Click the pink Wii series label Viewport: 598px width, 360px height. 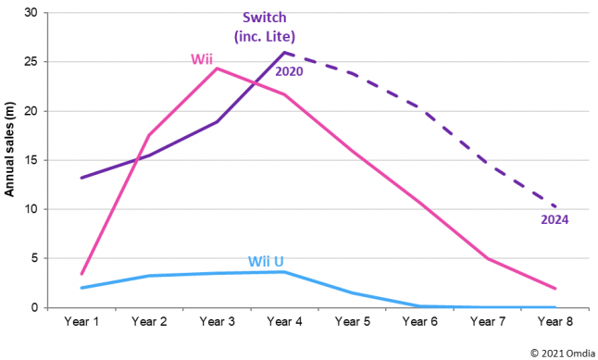click(x=202, y=59)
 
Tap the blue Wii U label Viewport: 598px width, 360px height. click(x=266, y=262)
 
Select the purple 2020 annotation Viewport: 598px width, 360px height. click(x=289, y=71)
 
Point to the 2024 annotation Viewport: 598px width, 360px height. click(x=554, y=219)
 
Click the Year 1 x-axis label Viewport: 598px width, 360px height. click(x=81, y=321)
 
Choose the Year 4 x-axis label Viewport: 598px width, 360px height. click(x=284, y=321)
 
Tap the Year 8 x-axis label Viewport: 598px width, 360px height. click(x=555, y=321)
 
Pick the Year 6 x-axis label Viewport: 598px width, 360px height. click(x=420, y=321)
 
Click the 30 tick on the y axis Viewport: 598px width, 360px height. click(x=31, y=13)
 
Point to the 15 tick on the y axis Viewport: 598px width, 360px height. click(x=31, y=160)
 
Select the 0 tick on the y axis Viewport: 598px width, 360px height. click(x=34, y=307)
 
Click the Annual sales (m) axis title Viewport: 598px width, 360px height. click(x=9, y=149)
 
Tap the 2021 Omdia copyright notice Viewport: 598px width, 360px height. click(x=563, y=354)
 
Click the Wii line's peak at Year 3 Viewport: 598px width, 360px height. click(x=217, y=68)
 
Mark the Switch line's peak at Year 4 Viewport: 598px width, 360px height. click(x=284, y=52)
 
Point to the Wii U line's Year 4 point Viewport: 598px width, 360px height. click(x=284, y=272)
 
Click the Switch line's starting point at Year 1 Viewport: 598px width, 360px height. click(x=81, y=178)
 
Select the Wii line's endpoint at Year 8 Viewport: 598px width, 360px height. click(x=555, y=289)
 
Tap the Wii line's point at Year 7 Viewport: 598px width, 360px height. click(x=488, y=258)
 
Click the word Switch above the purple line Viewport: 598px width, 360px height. click(x=265, y=18)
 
